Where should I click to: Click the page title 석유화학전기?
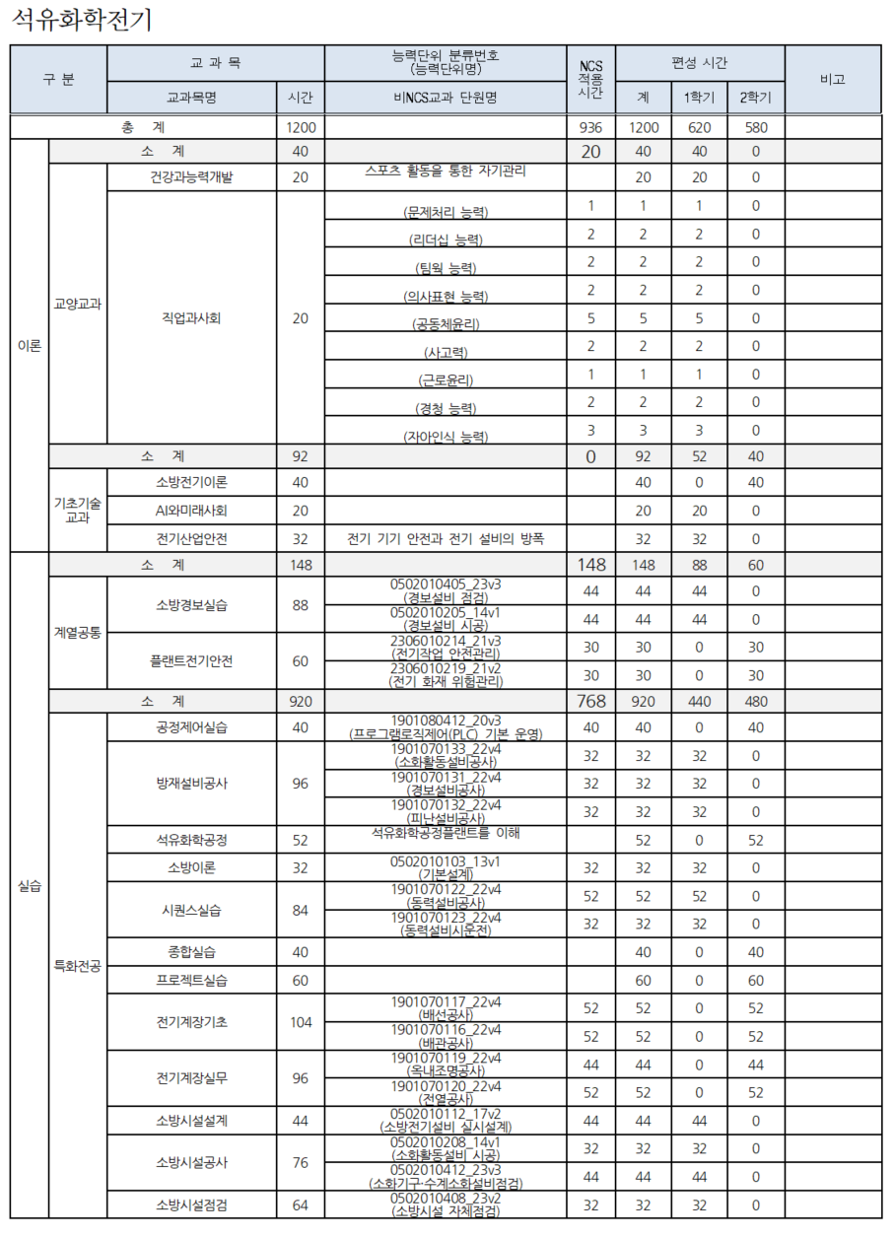tap(83, 20)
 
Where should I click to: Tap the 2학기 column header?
tap(756, 98)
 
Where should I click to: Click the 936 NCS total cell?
tap(590, 127)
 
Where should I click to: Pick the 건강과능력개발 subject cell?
tap(191, 177)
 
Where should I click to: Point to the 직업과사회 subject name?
tap(191, 317)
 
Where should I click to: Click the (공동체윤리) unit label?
tap(446, 323)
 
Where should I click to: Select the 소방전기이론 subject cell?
tap(191, 482)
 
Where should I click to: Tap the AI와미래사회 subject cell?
tap(191, 511)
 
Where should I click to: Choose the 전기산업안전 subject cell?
tap(191, 539)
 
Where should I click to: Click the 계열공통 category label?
tap(77, 632)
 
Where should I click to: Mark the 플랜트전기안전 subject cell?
tap(191, 661)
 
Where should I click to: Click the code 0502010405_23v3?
tap(446, 585)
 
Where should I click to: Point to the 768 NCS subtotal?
tap(590, 701)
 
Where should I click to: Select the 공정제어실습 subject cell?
tap(191, 727)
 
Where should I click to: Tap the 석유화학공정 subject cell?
tap(191, 840)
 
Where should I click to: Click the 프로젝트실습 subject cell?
tap(191, 981)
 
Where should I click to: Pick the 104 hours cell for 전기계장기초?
tap(300, 1022)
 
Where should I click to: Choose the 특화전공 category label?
tap(77, 965)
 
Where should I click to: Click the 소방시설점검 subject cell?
tap(191, 1204)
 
